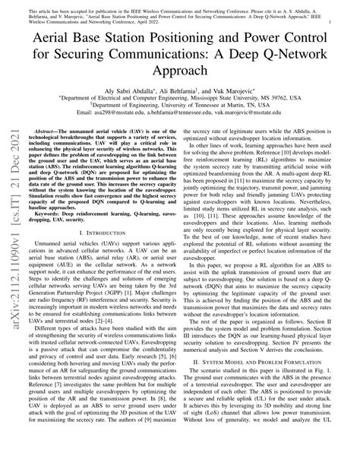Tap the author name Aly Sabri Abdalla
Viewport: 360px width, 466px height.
[x=125, y=90]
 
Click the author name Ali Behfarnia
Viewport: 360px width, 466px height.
[x=180, y=90]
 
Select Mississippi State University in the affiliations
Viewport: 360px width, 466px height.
[x=245, y=98]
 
